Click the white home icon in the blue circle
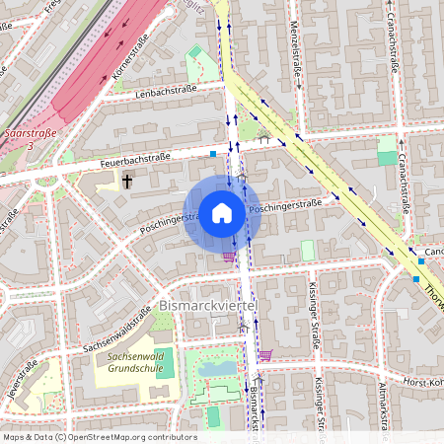click(x=222, y=212)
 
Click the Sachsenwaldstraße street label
click(x=116, y=330)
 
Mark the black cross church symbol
click(x=127, y=181)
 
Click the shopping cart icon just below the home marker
click(x=230, y=257)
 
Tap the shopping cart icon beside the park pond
click(x=264, y=354)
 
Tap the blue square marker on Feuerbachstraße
click(x=213, y=154)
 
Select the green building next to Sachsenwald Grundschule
click(x=164, y=361)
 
